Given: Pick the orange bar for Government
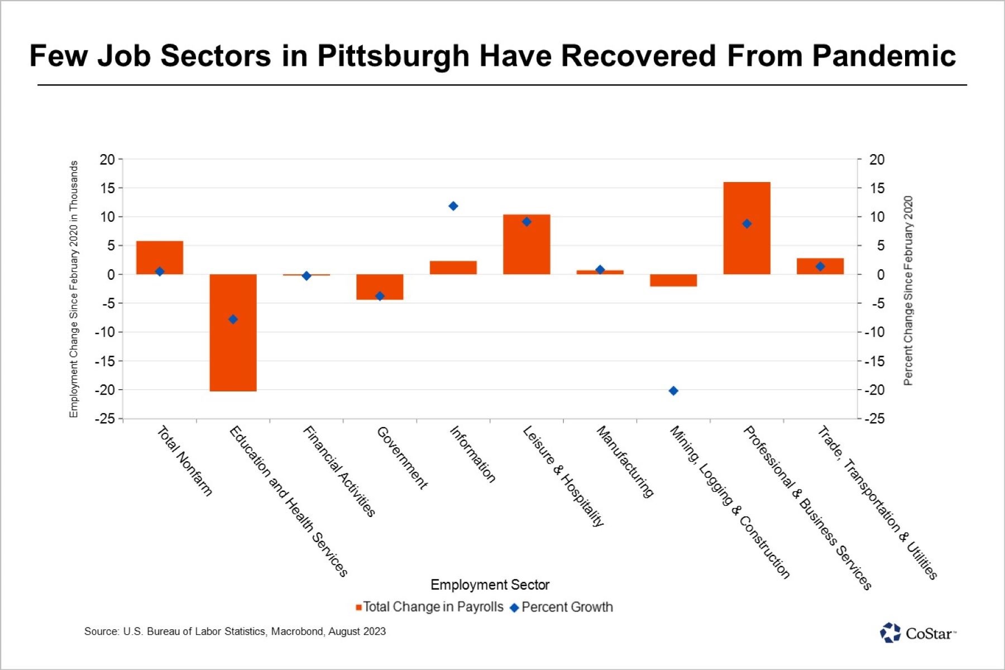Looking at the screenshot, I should point(380,286).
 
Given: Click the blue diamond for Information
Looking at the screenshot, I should point(453,206).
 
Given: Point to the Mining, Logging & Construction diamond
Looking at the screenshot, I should point(673,391).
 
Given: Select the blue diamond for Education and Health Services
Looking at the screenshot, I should point(233,319).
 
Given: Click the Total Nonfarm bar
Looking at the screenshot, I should point(160,257).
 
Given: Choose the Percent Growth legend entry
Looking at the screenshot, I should point(562,607).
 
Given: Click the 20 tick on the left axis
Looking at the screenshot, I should point(107,160).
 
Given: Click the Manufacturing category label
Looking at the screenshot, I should point(625,462).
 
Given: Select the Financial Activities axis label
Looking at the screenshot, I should point(339,471).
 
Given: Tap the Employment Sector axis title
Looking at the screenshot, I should point(490,585).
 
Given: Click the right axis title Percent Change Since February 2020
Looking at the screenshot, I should point(908,290).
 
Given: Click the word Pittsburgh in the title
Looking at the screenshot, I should point(393,56).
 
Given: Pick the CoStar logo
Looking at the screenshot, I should point(917,633).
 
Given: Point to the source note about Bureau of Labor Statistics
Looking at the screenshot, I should point(234,631).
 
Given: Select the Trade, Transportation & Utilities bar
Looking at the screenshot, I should point(820,266).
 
